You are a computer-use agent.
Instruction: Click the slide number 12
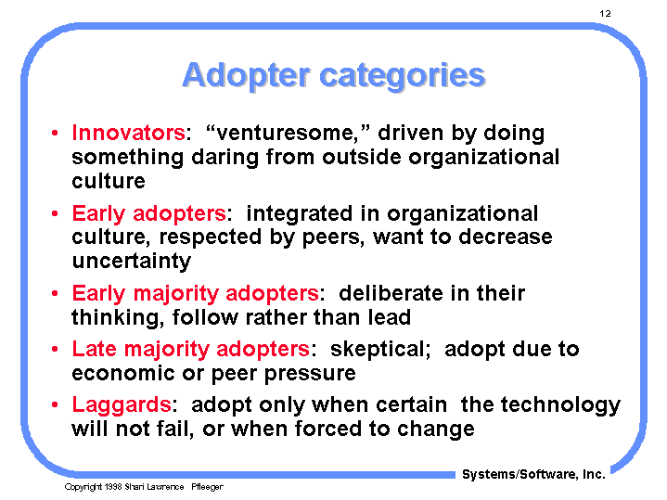[604, 13]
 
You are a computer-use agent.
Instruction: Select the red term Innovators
[128, 134]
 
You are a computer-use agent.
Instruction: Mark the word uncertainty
[131, 262]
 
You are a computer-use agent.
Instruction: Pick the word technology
[566, 405]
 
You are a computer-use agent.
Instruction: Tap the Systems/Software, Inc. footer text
[533, 474]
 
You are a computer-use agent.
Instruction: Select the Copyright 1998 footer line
[143, 487]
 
